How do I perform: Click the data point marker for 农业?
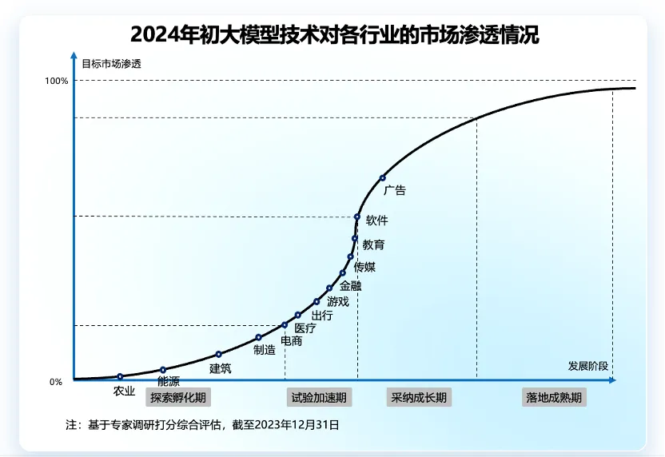[120, 376]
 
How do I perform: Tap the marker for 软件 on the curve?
[357, 217]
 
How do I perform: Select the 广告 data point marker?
[382, 177]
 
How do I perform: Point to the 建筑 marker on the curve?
[218, 354]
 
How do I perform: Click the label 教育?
[373, 244]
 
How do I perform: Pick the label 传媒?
[364, 268]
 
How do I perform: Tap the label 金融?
[350, 285]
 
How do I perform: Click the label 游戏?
[338, 301]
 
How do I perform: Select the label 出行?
[322, 316]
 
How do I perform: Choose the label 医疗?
[305, 328]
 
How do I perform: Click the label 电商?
[292, 341]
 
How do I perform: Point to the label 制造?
[265, 349]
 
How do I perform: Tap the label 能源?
[169, 381]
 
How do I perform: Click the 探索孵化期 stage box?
[178, 397]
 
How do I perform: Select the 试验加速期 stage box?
[318, 397]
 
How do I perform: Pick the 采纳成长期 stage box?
[418, 397]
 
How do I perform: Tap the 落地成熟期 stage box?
[554, 397]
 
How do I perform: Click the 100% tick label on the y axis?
[57, 81]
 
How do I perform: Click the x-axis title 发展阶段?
[588, 366]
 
